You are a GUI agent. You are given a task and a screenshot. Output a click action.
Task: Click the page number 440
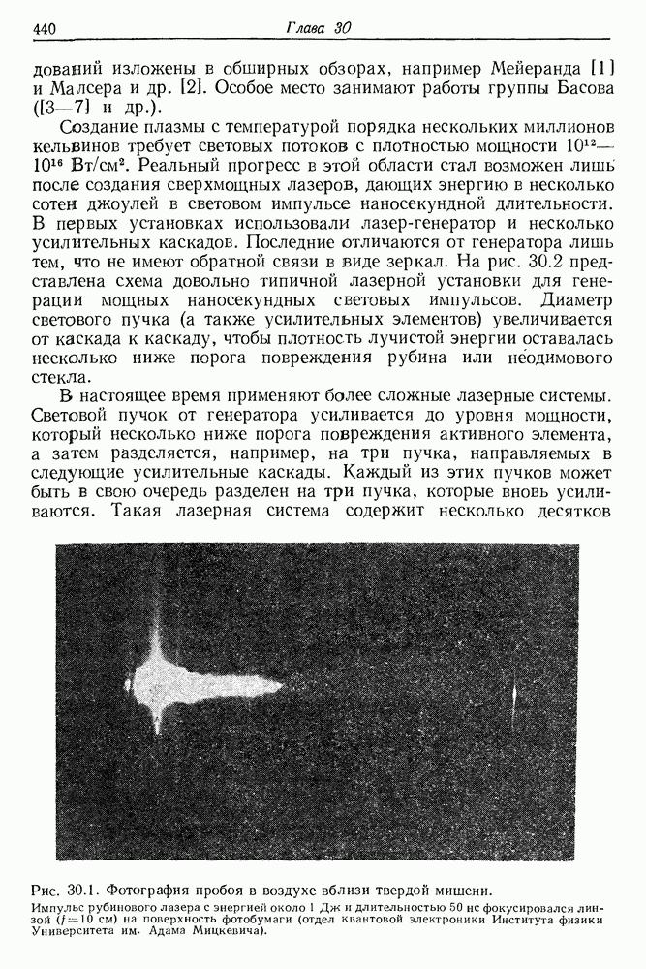point(46,29)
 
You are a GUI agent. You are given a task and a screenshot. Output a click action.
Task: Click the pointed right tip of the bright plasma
point(282,686)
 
